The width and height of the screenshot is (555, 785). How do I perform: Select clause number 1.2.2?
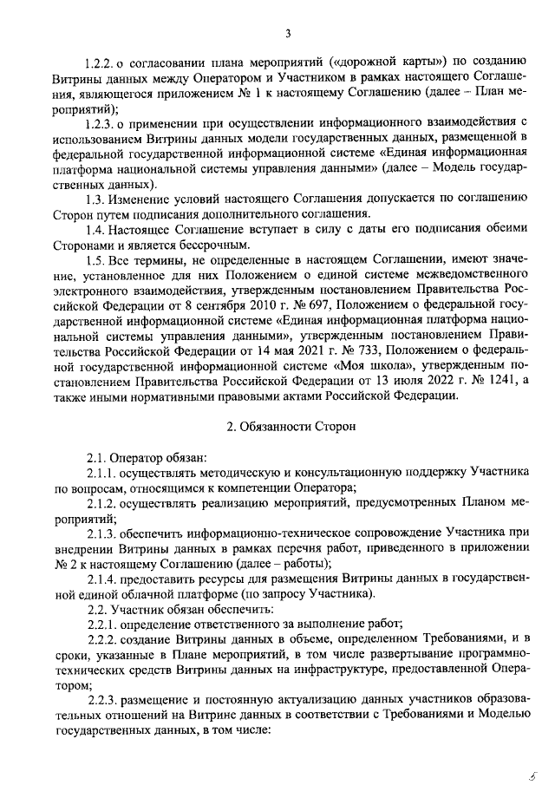pyautogui.click(x=97, y=62)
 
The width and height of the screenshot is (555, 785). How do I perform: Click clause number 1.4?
pyautogui.click(x=96, y=228)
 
